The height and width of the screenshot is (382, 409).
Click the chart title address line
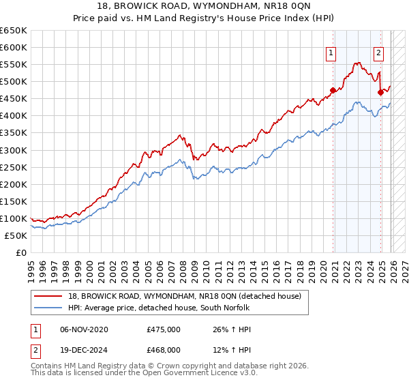tap(204, 6)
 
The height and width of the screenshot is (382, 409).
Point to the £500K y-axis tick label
tap(14, 81)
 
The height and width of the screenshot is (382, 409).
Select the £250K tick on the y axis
tap(14, 167)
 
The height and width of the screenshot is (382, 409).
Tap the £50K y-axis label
tap(16, 235)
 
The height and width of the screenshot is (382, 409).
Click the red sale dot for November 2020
tap(333, 90)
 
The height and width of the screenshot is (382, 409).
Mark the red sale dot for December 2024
tap(380, 93)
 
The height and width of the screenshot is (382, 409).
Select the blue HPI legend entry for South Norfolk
tap(159, 308)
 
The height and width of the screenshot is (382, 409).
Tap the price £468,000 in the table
tap(164, 350)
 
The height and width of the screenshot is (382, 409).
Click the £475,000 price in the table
tap(164, 329)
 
